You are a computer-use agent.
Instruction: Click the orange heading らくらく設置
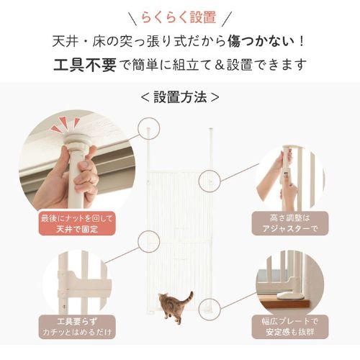click(179, 17)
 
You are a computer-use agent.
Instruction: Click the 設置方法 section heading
click(179, 96)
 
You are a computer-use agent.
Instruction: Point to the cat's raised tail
click(189, 296)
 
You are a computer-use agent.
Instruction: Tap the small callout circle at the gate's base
click(209, 308)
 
